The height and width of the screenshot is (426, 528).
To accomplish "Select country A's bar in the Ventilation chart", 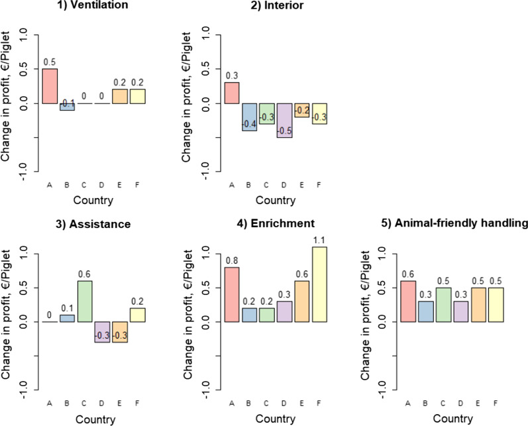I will tap(50, 86).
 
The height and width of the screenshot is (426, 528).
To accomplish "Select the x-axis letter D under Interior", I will tap(284, 185).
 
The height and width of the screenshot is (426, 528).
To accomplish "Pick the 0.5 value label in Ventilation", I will tap(50, 62).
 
